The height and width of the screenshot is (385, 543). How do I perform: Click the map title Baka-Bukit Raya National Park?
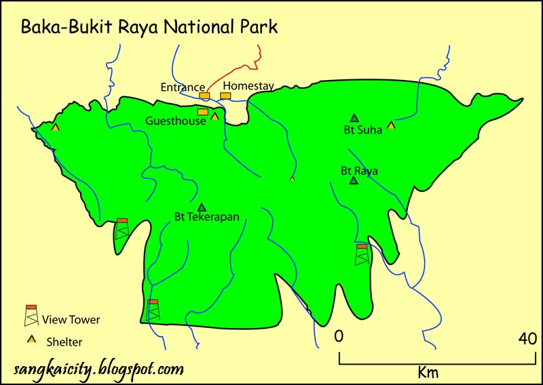click(x=149, y=27)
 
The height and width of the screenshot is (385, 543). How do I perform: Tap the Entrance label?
click(x=183, y=87)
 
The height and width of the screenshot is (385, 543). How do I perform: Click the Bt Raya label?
click(x=359, y=171)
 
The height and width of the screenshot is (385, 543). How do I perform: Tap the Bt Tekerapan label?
click(x=206, y=218)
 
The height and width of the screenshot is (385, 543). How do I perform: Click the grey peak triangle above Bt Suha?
click(x=354, y=117)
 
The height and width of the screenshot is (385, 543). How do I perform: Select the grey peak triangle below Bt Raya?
click(x=353, y=180)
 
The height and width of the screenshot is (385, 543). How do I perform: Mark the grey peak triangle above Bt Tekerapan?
click(x=202, y=207)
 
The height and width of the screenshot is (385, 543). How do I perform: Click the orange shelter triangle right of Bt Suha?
click(x=391, y=125)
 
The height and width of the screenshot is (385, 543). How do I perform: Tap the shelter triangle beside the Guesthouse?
click(x=214, y=116)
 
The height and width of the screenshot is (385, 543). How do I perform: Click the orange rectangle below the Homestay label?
click(x=225, y=96)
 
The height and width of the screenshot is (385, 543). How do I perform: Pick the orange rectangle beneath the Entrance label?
click(x=204, y=96)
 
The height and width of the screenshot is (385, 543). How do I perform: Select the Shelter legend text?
click(x=65, y=342)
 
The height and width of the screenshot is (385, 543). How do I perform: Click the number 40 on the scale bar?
click(x=527, y=338)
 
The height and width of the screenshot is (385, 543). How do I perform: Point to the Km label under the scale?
click(x=428, y=372)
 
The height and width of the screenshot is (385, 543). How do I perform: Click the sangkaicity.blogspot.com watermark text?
click(x=99, y=369)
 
